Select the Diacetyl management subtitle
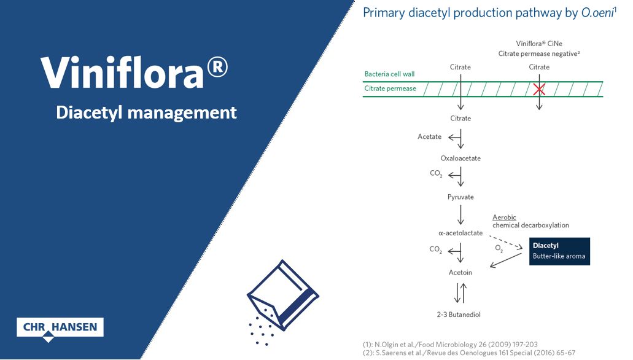[146, 112]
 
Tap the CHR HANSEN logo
[60, 327]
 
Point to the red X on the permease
[539, 89]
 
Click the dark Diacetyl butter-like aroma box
[559, 251]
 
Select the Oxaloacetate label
[460, 158]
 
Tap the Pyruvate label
[460, 198]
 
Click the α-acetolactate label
[460, 233]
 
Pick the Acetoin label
[460, 272]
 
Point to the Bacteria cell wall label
[390, 74]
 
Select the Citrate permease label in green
[390, 88]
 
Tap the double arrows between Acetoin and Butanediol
[460, 292]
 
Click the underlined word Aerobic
[504, 217]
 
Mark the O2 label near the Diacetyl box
[499, 248]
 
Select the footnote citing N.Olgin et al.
[451, 344]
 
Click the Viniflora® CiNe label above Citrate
[539, 44]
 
